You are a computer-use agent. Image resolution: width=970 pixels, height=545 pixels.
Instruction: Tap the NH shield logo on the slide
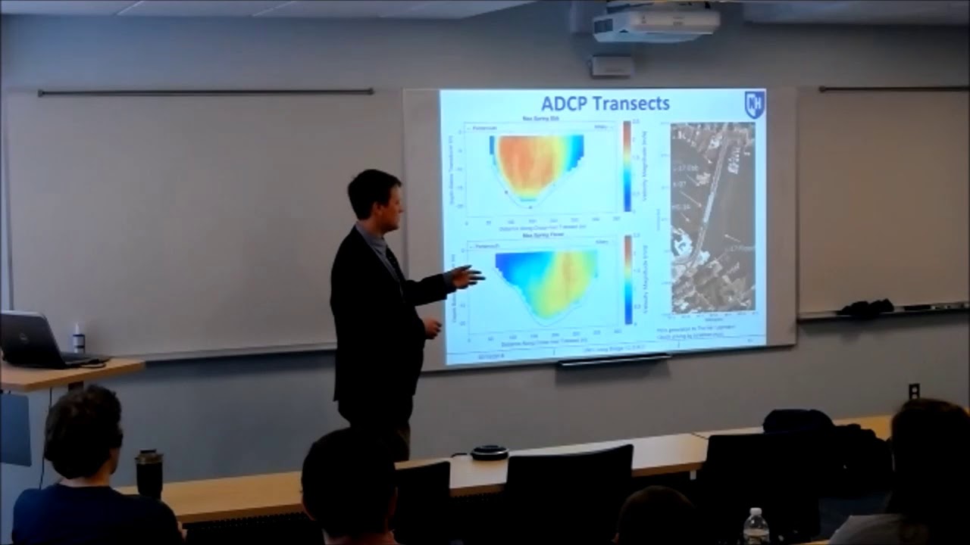754,104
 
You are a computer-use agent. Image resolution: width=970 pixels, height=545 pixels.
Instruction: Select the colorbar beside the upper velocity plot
627,166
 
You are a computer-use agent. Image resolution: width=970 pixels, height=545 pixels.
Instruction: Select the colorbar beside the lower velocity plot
627,279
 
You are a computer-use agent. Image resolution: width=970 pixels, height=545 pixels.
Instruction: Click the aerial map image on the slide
712,217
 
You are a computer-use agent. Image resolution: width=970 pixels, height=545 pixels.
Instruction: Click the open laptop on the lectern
34,341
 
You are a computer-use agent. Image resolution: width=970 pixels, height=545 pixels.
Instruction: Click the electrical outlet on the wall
914,391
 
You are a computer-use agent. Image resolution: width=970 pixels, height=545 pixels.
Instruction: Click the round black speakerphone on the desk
489,453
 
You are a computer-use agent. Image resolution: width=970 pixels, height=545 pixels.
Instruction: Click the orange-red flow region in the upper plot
530,163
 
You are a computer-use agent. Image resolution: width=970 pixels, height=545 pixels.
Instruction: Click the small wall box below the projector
612,66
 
